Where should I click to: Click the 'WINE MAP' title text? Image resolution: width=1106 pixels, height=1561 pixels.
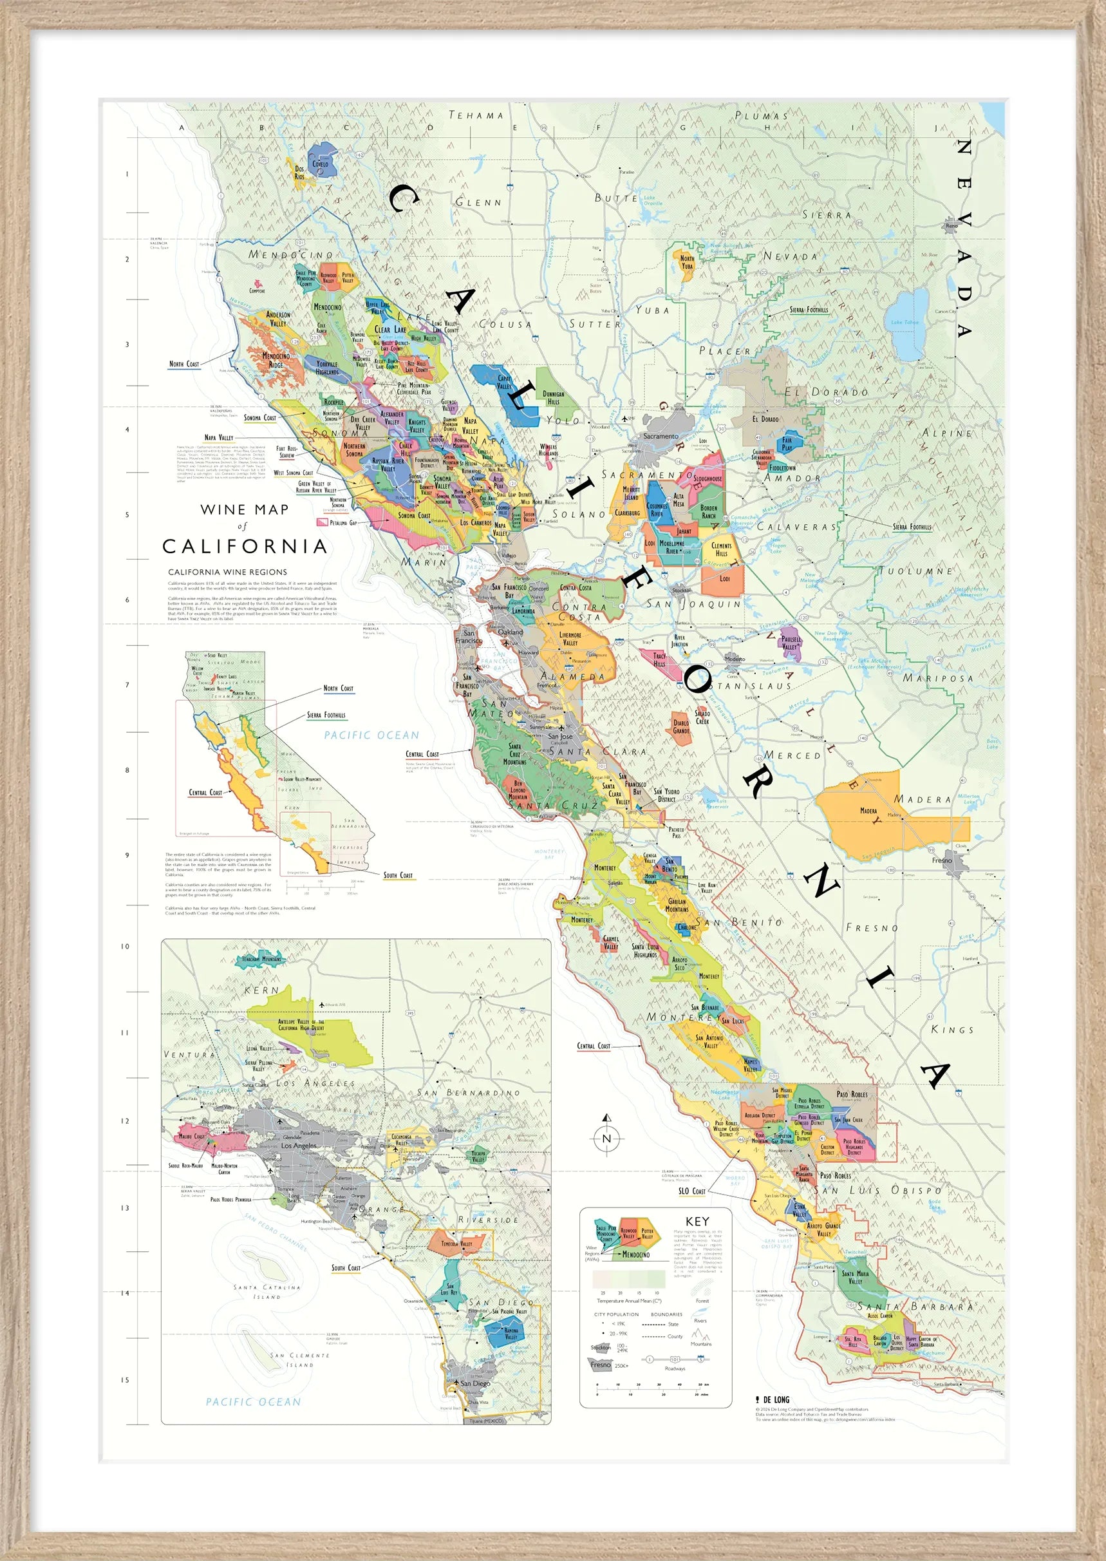point(245,509)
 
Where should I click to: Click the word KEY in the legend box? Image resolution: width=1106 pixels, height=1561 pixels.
point(697,1221)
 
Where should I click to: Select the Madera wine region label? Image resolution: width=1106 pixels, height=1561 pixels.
point(868,811)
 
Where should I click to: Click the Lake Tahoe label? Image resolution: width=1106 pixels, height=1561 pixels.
point(905,322)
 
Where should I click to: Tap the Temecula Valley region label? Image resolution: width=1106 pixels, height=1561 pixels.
point(456,1244)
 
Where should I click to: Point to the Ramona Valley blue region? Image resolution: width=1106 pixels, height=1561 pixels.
point(511,1333)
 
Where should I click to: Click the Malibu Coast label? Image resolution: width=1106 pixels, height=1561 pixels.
point(191,1136)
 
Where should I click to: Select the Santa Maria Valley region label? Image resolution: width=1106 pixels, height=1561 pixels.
point(855,1276)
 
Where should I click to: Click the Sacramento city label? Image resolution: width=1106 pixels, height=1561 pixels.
point(661,436)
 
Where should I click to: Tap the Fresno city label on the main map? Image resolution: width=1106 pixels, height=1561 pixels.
point(942,860)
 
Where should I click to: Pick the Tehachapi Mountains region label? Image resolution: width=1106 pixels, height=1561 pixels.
point(261,959)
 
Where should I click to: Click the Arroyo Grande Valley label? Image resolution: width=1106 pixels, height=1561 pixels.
point(823,1229)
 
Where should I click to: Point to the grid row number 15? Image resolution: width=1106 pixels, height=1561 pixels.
point(125,1380)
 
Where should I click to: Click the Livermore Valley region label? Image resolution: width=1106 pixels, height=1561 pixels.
point(571,638)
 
